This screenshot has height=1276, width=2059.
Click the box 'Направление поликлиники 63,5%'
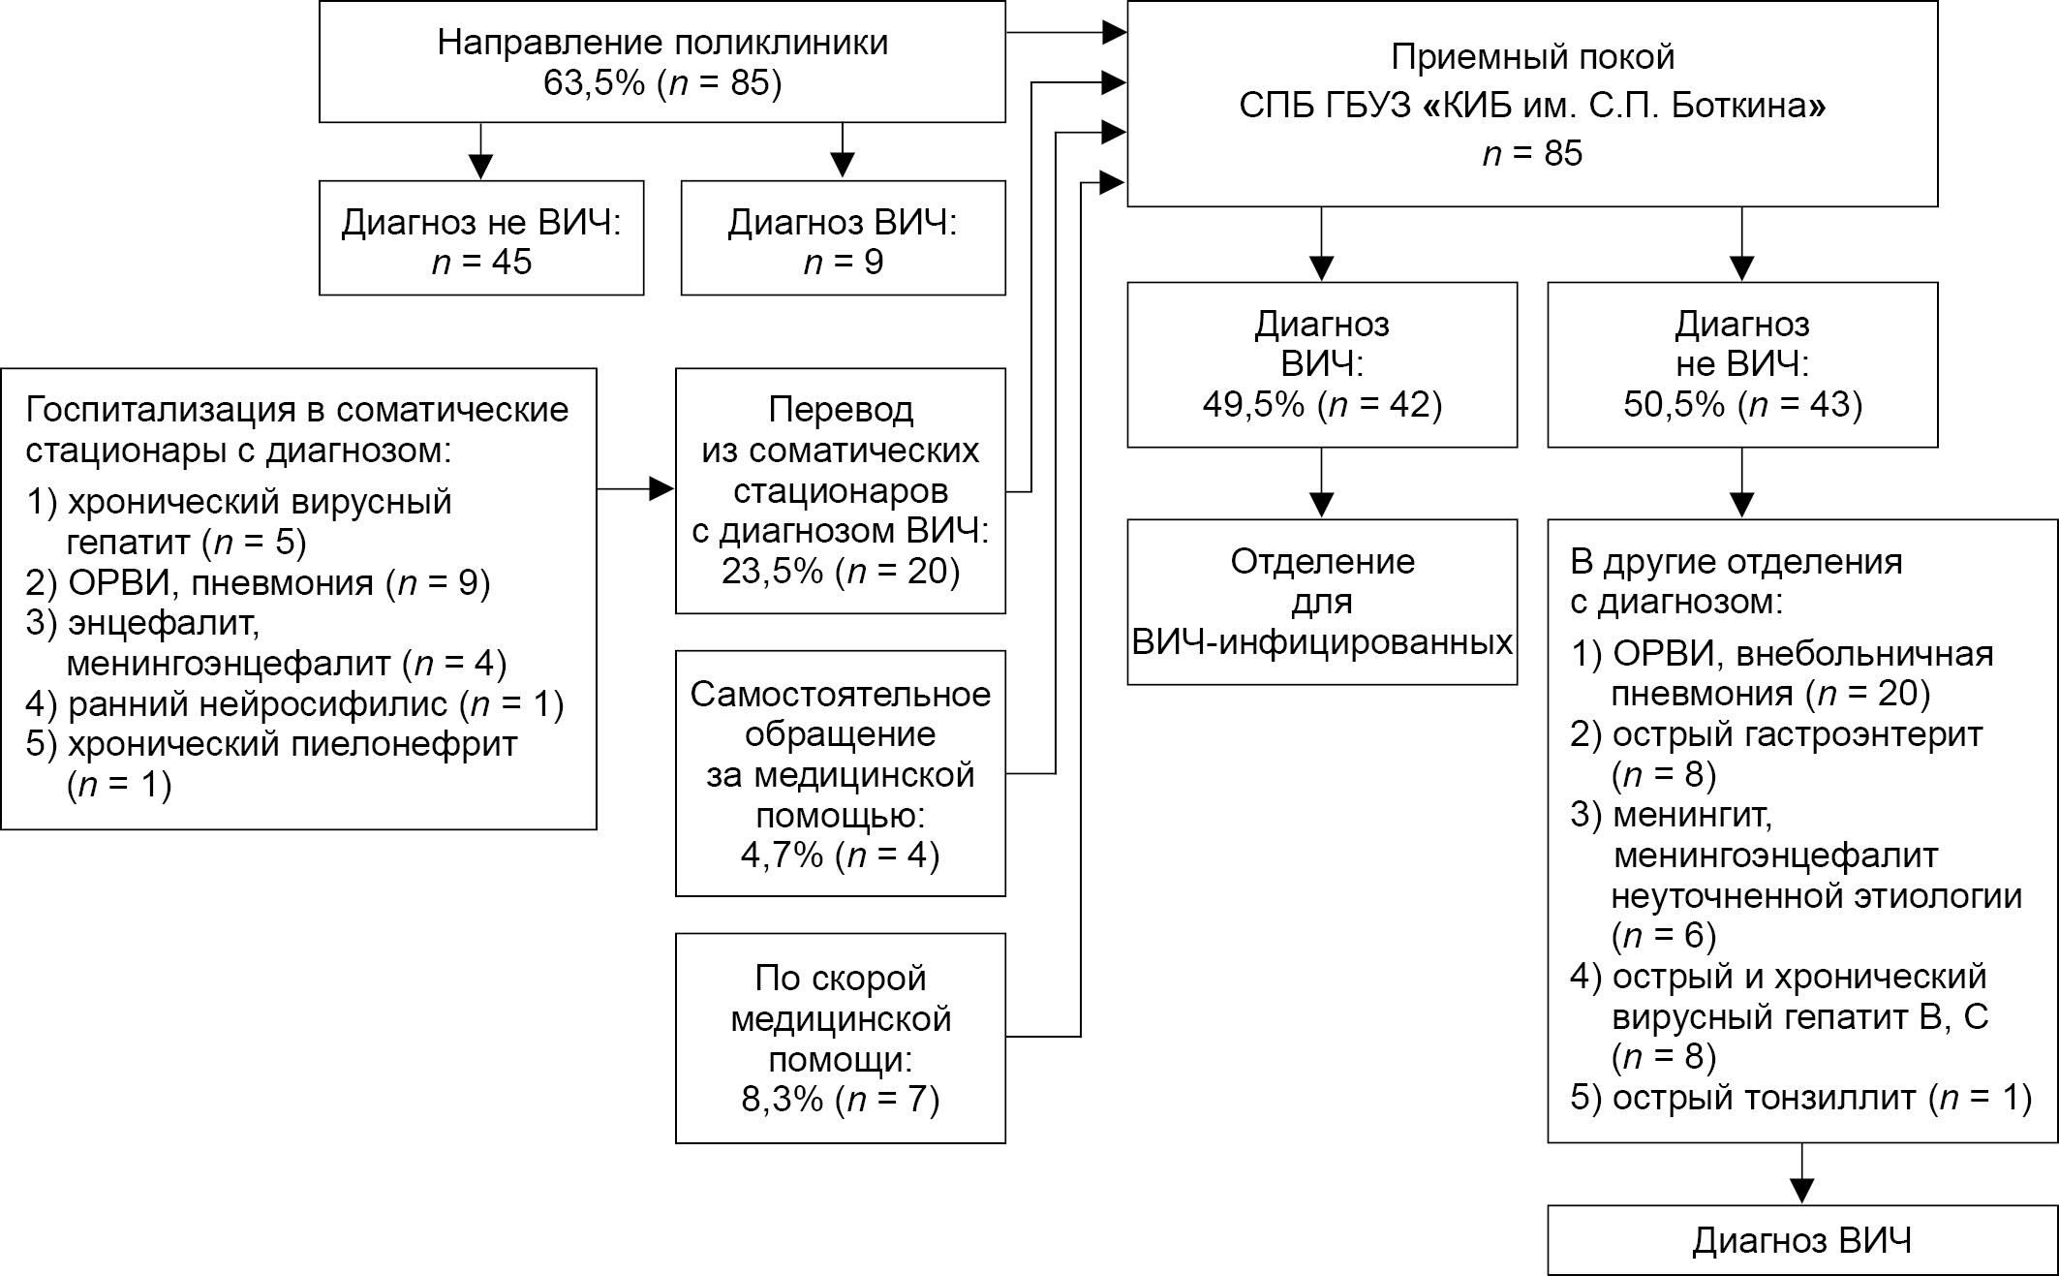click(x=662, y=63)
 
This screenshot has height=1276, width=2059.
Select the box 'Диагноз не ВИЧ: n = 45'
click(x=481, y=238)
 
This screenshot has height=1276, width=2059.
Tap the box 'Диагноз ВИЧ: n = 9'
click(x=843, y=238)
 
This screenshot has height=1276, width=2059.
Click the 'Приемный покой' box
click(x=1532, y=104)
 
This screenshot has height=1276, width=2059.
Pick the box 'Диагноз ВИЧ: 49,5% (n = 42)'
click(x=1322, y=364)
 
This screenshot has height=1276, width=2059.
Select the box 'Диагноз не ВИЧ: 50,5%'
click(x=1742, y=364)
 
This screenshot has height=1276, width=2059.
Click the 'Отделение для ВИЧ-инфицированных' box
click(x=1322, y=602)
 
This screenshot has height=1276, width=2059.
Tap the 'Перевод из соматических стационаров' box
click(x=841, y=490)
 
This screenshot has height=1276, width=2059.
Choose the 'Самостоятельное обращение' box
click(x=841, y=773)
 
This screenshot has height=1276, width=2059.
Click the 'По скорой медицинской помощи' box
click(x=841, y=1038)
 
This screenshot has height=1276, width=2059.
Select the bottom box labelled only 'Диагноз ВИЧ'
click(x=1802, y=1240)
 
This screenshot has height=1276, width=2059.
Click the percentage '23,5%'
click(x=772, y=572)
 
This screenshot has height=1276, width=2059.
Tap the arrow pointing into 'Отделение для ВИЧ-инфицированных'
click(x=1322, y=483)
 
